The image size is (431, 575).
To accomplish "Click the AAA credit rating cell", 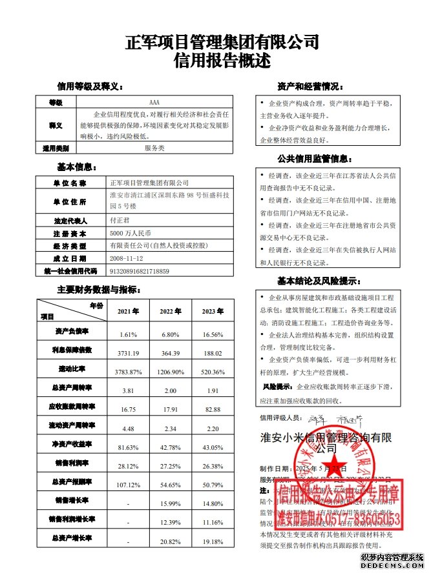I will (x=154, y=103).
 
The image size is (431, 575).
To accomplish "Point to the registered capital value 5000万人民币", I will (x=130, y=233).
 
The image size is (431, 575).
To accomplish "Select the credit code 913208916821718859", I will (x=140, y=271).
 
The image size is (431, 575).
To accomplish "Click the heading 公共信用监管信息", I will (x=314, y=158).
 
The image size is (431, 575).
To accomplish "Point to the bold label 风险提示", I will (x=274, y=390).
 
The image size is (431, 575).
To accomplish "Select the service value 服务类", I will (x=154, y=148).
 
